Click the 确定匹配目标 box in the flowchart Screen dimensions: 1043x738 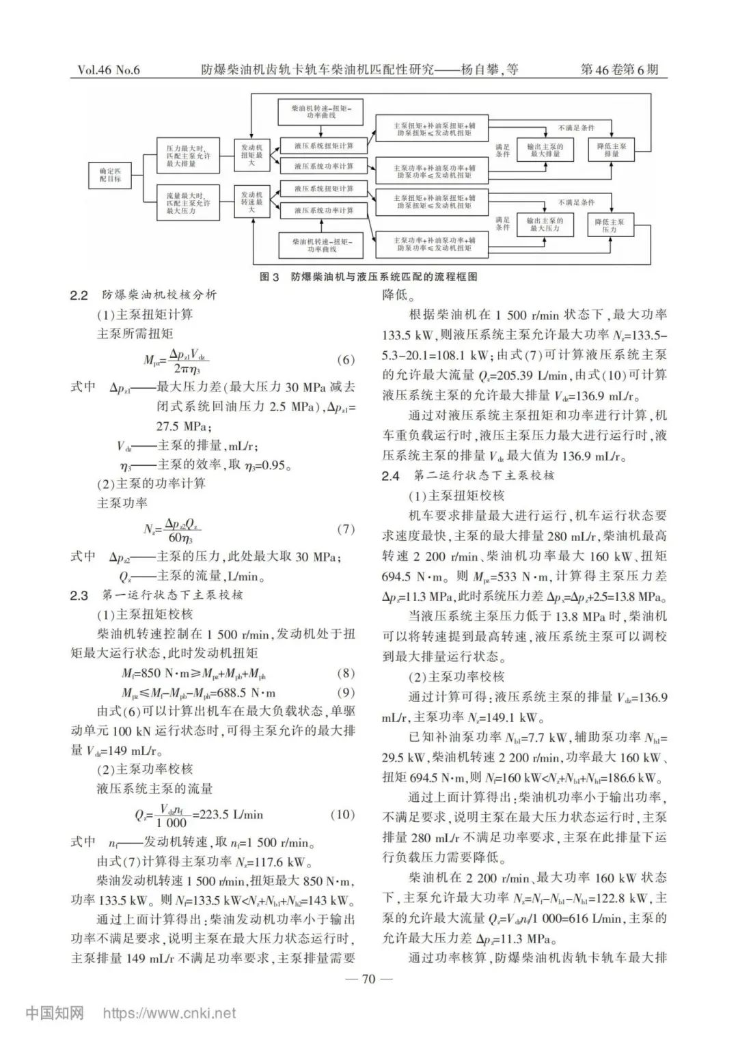point(109,174)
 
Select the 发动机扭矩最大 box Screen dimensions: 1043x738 point(251,155)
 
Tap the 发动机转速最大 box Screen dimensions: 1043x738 point(251,203)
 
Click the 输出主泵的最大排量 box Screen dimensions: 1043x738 point(545,150)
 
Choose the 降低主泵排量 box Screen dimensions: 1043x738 point(611,150)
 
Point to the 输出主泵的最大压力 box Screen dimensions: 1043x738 point(545,225)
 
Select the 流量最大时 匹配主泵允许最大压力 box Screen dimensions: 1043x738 point(188,203)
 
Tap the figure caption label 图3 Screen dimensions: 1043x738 point(271,277)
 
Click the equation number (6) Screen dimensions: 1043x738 point(346,360)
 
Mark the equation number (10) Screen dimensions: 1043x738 point(343,814)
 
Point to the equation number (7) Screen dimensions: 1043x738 point(346,529)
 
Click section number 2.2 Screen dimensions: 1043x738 point(79,296)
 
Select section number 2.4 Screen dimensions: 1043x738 point(391,476)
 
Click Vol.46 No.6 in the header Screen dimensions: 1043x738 point(109,70)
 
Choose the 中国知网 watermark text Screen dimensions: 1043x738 point(55,1013)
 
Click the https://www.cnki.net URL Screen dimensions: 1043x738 point(169,1014)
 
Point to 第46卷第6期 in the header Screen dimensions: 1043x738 point(620,70)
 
